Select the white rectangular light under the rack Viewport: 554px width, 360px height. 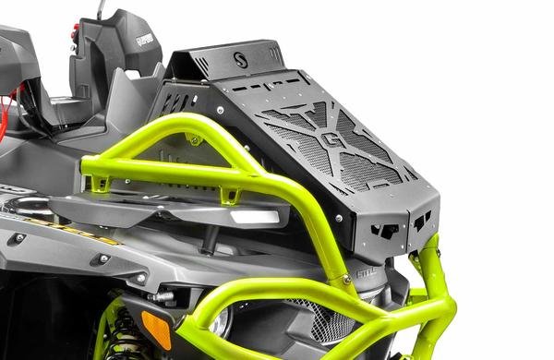pos(254,217)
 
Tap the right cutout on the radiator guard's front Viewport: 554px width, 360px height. pos(422,222)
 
